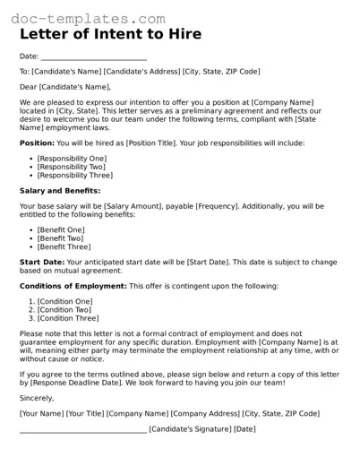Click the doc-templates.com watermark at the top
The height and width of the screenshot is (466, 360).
(89, 17)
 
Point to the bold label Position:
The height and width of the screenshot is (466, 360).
(37, 142)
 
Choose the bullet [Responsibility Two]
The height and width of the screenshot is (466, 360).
(71, 167)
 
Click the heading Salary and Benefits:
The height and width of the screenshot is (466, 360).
(60, 191)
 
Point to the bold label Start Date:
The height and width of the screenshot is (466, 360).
(42, 262)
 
